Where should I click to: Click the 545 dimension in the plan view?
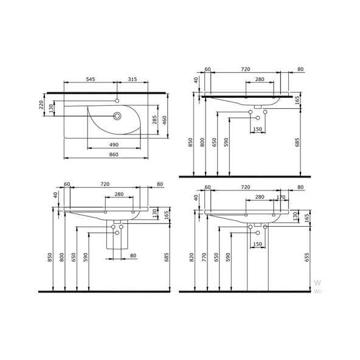tap(89, 79)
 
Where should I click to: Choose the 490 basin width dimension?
tap(113, 144)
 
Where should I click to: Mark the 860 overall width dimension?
tap(113, 156)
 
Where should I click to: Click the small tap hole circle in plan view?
tap(117, 99)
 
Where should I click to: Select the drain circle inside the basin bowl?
tap(117, 115)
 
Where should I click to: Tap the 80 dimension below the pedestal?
tap(133, 256)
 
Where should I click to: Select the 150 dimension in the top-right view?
tap(257, 129)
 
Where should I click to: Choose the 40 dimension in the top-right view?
tap(196, 80)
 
